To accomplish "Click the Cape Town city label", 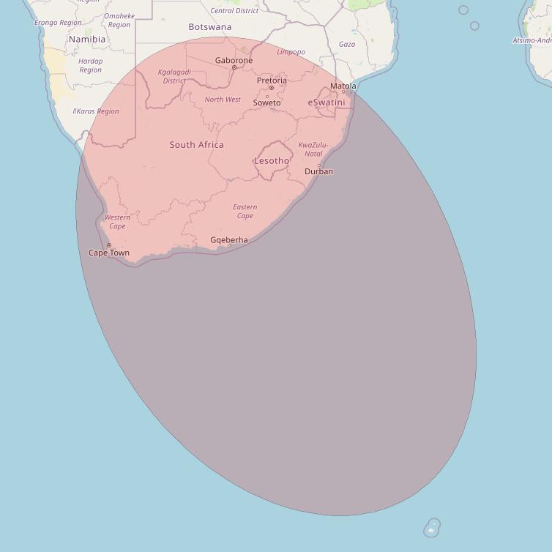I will (109, 253).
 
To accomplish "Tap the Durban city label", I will (319, 172).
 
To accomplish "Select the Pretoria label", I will (272, 80).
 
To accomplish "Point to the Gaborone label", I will (234, 60).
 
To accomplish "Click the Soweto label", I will (266, 103).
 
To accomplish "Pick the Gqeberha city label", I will (229, 239).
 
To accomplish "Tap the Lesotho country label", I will (272, 161).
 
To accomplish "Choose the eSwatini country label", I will (327, 102).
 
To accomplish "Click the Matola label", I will (343, 86).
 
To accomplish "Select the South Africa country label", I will (197, 145).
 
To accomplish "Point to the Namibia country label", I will (86, 40).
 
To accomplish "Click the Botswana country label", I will (210, 27).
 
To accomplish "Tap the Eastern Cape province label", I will (245, 212).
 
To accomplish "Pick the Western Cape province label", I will (117, 222).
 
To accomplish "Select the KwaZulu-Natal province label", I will (313, 149).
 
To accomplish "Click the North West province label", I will (223, 100).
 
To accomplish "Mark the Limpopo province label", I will (291, 52).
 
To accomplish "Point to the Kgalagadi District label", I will (174, 76).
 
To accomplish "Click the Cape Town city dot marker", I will (109, 245).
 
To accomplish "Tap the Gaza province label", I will (347, 44).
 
